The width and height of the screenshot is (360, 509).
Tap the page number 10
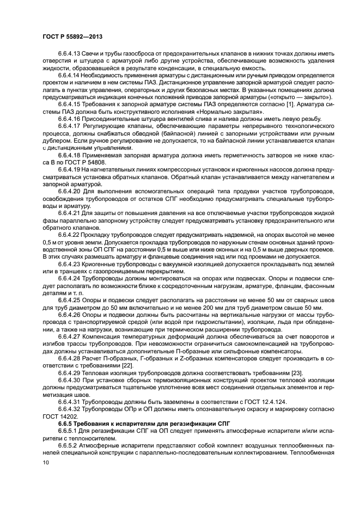[46, 462]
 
